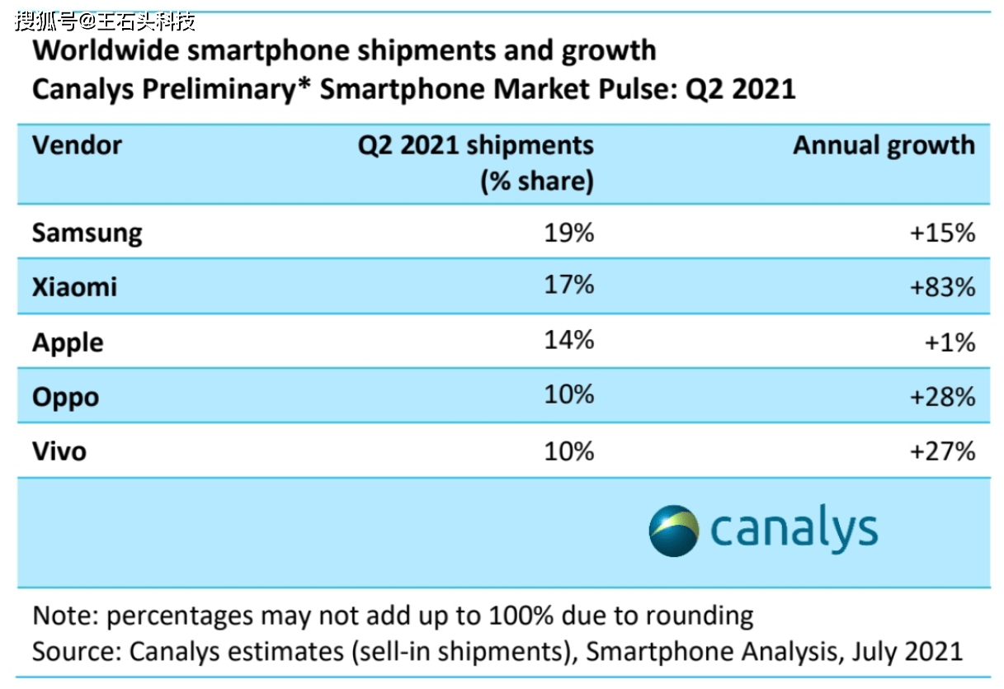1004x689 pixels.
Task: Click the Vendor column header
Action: (x=77, y=145)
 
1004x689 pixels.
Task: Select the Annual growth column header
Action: (x=884, y=147)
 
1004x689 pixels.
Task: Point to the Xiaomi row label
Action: (x=74, y=287)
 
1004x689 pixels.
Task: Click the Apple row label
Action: (x=68, y=344)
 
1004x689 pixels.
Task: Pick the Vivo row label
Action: (x=59, y=451)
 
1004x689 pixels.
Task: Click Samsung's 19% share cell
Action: (x=568, y=233)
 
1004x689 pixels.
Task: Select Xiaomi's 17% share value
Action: (x=568, y=285)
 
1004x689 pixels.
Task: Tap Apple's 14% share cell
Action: (x=568, y=340)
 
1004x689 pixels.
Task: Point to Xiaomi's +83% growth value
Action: (x=943, y=287)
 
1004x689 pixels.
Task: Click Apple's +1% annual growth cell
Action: (x=950, y=343)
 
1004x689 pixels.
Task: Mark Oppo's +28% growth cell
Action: (x=943, y=397)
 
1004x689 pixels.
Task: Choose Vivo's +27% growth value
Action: (x=943, y=451)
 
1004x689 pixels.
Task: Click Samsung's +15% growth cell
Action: (x=943, y=233)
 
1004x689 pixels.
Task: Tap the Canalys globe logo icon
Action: (x=674, y=531)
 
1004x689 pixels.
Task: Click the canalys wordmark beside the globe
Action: (x=794, y=528)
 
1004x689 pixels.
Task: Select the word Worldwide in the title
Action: (x=106, y=50)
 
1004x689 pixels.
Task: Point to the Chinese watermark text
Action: (x=105, y=21)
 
